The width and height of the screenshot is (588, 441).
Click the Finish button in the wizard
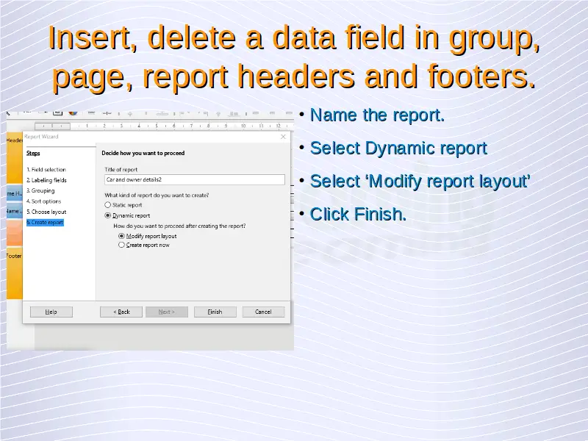215,312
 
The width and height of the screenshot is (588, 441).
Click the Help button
51,312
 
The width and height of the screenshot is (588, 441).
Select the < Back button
121,312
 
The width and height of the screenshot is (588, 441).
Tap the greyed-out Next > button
167,312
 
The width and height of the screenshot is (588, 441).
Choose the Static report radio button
108,205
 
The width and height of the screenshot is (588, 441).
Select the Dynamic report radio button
108,215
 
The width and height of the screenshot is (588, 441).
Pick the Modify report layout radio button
121,236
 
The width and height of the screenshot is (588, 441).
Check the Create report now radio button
121,245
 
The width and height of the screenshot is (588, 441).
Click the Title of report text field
195,179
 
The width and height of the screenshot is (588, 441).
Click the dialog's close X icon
283,137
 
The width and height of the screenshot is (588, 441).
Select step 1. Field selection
46,170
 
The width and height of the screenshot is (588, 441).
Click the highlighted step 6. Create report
45,223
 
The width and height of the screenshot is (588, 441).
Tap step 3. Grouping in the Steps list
40,190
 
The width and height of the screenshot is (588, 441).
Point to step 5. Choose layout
46,212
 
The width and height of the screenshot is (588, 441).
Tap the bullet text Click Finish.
358,214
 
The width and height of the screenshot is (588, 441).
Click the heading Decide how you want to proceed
143,153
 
